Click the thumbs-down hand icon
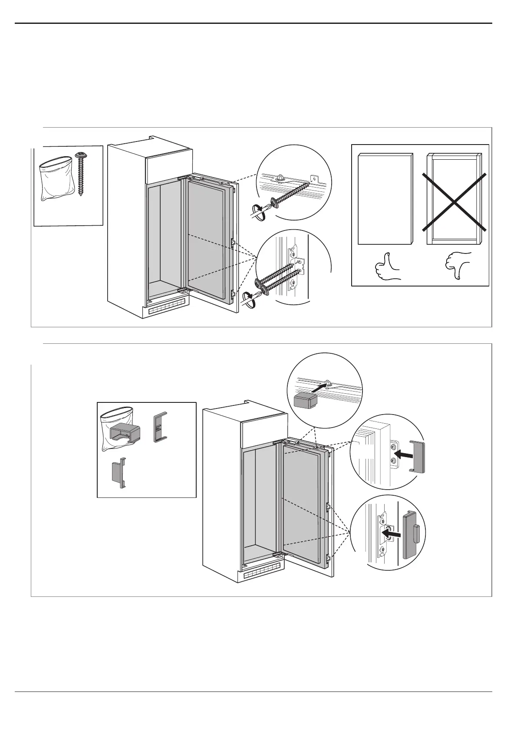pyautogui.click(x=457, y=265)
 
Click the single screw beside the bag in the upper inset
pyautogui.click(x=81, y=174)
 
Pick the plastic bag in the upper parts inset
pyautogui.click(x=55, y=178)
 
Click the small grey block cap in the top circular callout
pyautogui.click(x=305, y=399)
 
